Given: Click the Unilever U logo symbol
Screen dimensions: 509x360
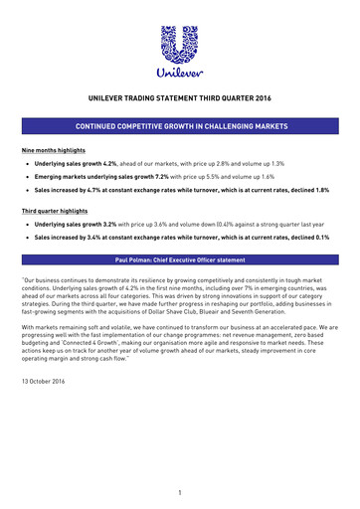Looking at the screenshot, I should [x=180, y=46].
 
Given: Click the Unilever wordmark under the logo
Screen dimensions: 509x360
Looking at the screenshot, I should [x=180, y=74].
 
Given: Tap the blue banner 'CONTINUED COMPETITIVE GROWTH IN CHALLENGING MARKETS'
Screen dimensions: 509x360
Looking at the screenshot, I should [x=180, y=128].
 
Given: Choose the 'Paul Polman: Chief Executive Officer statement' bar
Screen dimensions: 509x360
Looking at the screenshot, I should [x=180, y=259].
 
